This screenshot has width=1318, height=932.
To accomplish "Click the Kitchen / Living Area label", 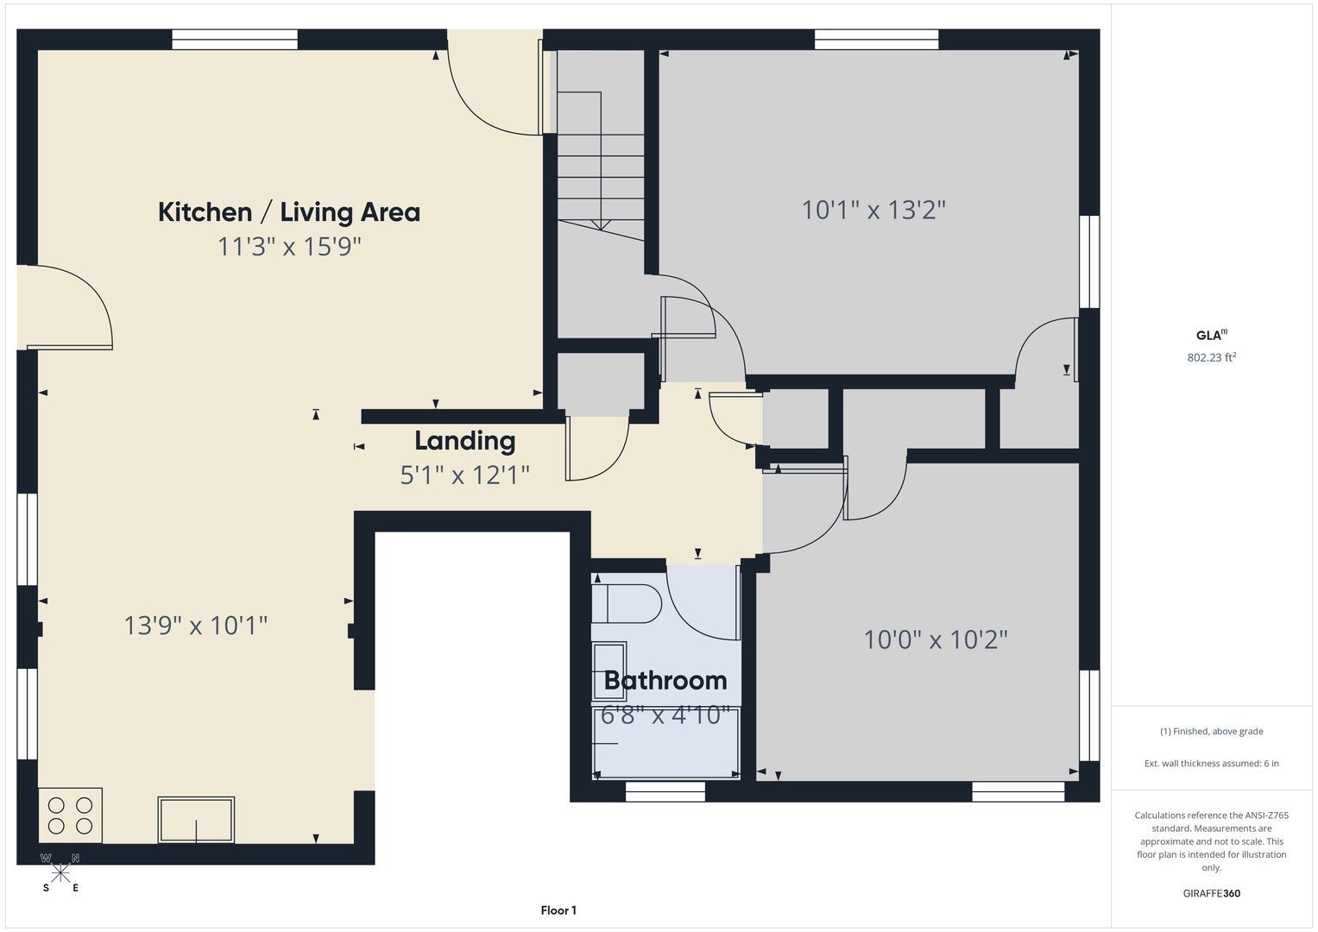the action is click(x=289, y=212).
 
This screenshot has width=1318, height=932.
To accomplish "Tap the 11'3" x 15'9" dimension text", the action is click(x=289, y=246).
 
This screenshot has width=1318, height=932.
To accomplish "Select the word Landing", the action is click(x=465, y=441).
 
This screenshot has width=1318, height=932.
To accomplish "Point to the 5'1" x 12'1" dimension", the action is click(x=465, y=475).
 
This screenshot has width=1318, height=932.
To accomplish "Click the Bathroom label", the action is click(x=665, y=681).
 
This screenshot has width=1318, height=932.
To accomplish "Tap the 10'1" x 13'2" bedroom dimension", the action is click(x=873, y=210).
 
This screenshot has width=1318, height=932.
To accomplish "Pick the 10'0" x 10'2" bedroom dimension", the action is click(x=936, y=639).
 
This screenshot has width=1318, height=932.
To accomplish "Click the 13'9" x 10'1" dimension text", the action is click(x=196, y=626).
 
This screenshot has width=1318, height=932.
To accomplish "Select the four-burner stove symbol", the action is click(x=70, y=815).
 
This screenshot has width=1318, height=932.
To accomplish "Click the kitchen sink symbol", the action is click(x=196, y=819).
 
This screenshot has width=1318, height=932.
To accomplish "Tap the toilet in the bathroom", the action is click(x=627, y=604).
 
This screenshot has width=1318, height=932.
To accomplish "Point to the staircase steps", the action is click(x=601, y=166).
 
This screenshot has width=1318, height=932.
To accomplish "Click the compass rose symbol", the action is click(x=60, y=872).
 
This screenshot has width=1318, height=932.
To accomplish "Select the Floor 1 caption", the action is click(x=558, y=910).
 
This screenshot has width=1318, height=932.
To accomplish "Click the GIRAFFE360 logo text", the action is click(x=1212, y=893).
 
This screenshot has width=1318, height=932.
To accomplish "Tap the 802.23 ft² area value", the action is click(x=1212, y=357).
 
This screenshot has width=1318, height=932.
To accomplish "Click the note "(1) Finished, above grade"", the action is click(x=1212, y=732).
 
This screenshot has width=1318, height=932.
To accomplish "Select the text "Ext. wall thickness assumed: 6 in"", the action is click(x=1212, y=763).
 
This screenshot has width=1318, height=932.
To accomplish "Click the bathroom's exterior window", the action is click(x=665, y=791).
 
